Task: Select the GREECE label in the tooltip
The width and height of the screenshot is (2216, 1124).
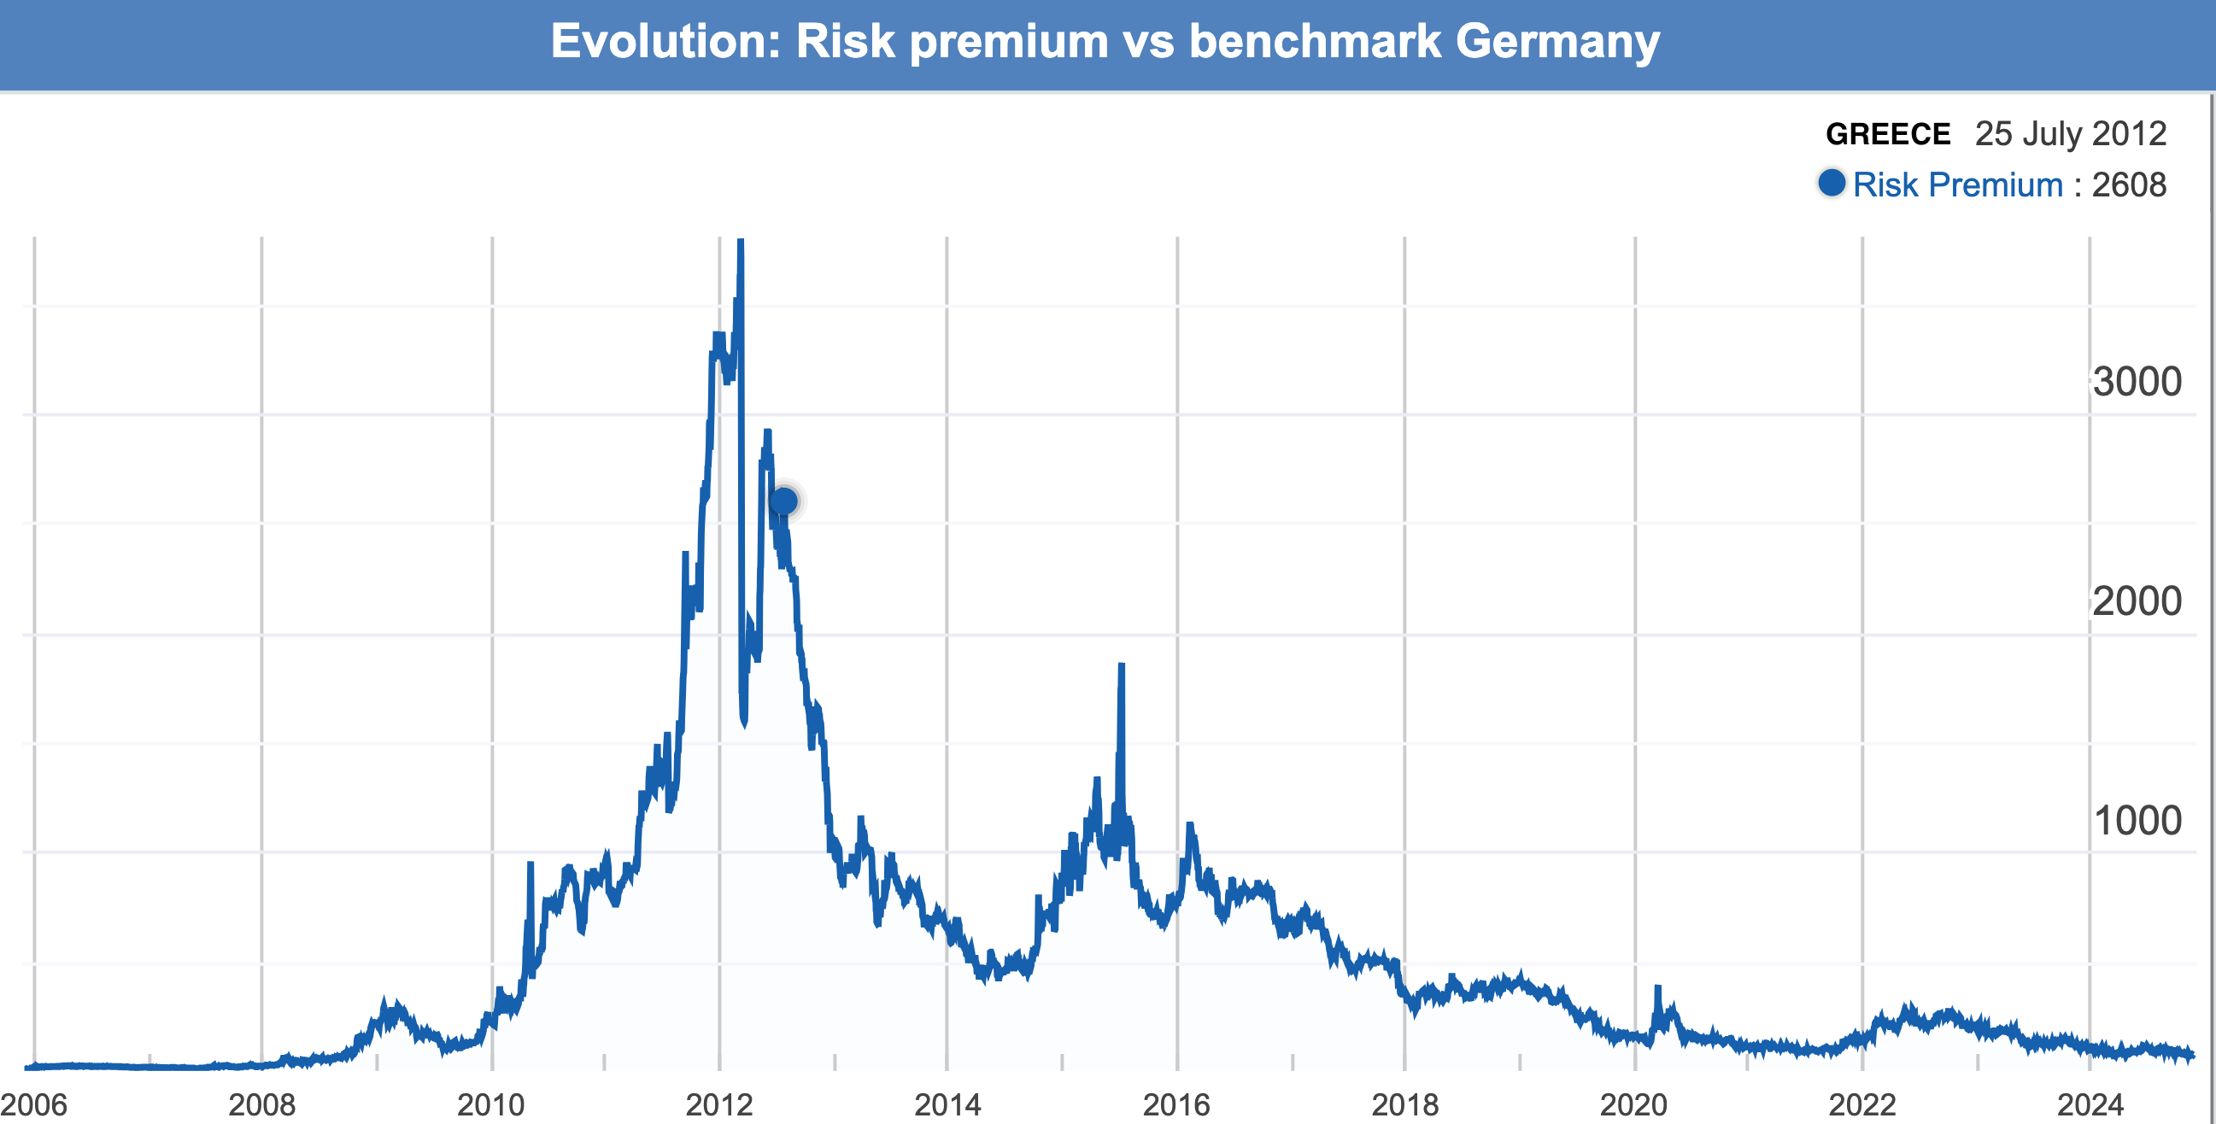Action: [x=1887, y=134]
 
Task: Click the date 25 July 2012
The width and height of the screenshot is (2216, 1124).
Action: [x=2070, y=134]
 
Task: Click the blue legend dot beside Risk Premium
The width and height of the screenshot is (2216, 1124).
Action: [x=1832, y=183]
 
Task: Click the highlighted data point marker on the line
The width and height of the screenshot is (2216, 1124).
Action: [x=783, y=501]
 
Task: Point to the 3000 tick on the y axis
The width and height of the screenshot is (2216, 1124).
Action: [x=2136, y=382]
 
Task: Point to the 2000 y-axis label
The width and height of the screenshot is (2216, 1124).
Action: [x=2136, y=601]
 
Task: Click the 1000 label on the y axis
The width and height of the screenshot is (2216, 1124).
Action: [x=2136, y=822]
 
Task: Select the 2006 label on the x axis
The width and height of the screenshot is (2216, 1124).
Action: [x=34, y=1104]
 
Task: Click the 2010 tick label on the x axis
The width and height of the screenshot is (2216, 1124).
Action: [x=490, y=1104]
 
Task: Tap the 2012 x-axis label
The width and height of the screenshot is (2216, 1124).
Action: [x=719, y=1104]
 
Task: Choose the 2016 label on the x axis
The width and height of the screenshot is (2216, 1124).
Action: [x=1176, y=1104]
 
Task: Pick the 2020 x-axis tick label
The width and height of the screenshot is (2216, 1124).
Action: [x=1633, y=1104]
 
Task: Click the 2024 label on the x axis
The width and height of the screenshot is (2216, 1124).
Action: [x=2090, y=1104]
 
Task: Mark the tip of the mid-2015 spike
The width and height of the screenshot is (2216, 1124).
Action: [x=1121, y=664]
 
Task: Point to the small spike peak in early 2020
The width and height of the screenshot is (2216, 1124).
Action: [x=1657, y=987]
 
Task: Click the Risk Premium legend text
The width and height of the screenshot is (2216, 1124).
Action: [x=1957, y=184]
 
